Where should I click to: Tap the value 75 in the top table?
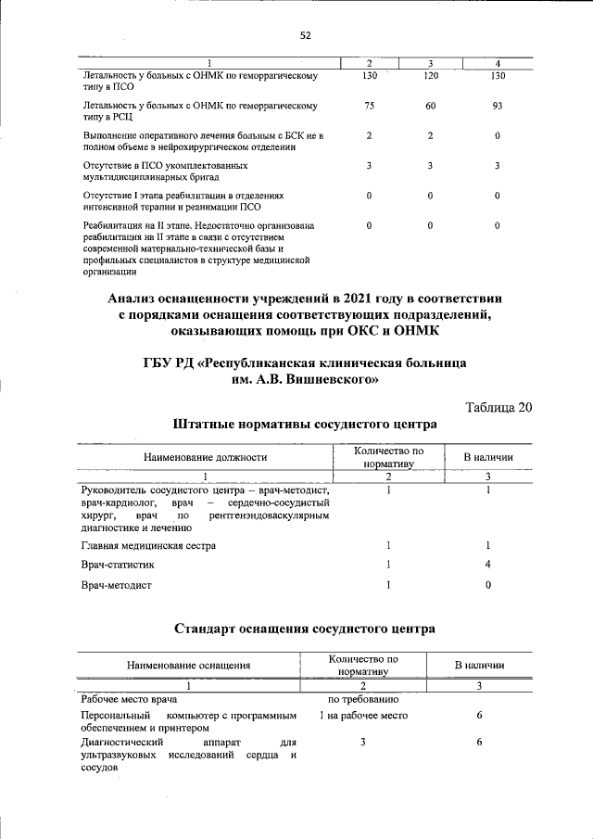pos(369,106)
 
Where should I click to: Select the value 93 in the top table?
pos(497,106)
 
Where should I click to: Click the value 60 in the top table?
pos(430,106)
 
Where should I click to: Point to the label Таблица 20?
pos(498,407)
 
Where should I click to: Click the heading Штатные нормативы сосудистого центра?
pos(304,425)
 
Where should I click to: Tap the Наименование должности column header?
pos(205,457)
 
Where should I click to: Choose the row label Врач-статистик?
pos(118,565)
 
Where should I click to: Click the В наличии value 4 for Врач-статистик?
pos(487,565)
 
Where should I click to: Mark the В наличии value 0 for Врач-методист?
pos(487,585)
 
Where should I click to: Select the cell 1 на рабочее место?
pos(363,716)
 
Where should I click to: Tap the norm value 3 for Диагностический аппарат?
pos(363,743)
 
